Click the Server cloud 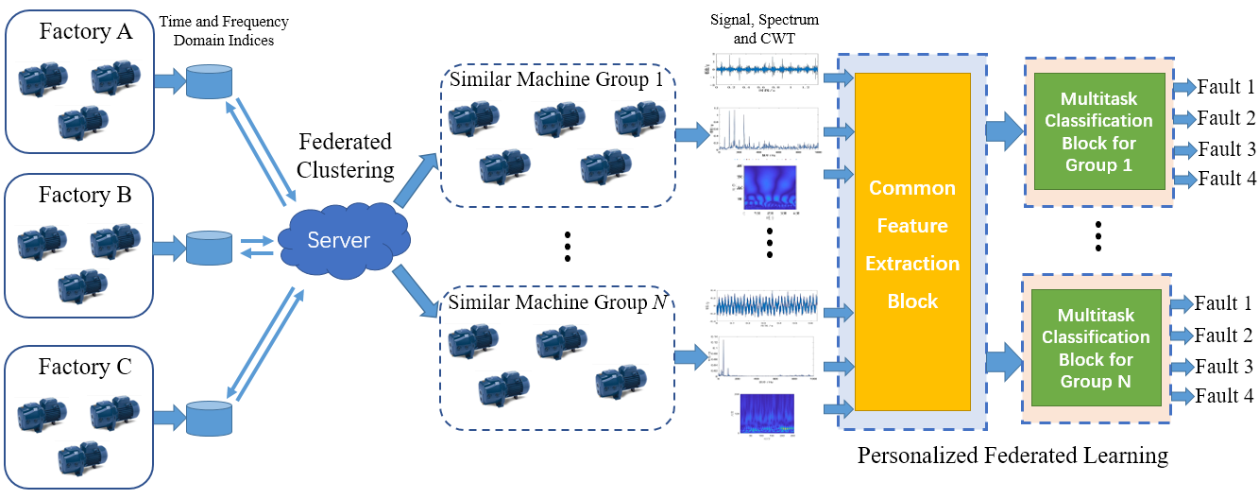coord(340,240)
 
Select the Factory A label coord(86,31)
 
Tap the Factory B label coord(85,196)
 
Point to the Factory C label coord(85,368)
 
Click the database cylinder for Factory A coord(209,81)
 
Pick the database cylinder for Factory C coord(209,415)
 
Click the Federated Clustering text coord(344,156)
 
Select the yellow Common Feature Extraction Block coord(912,244)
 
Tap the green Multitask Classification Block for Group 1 coord(1098,132)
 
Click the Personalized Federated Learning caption coord(1012,456)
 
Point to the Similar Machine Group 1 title coord(555,79)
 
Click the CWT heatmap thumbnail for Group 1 coord(769,192)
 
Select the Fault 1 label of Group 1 coord(1225,88)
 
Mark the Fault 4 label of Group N coord(1223,396)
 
